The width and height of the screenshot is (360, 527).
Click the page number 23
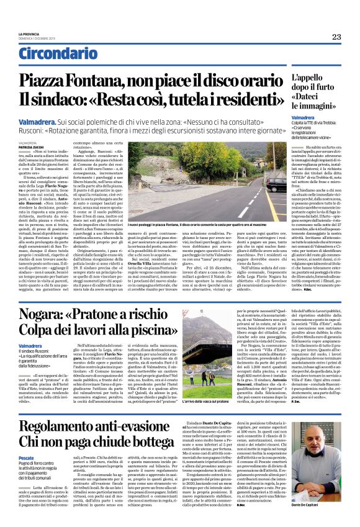(x=336, y=37)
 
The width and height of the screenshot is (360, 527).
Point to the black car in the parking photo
(x=277, y=184)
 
